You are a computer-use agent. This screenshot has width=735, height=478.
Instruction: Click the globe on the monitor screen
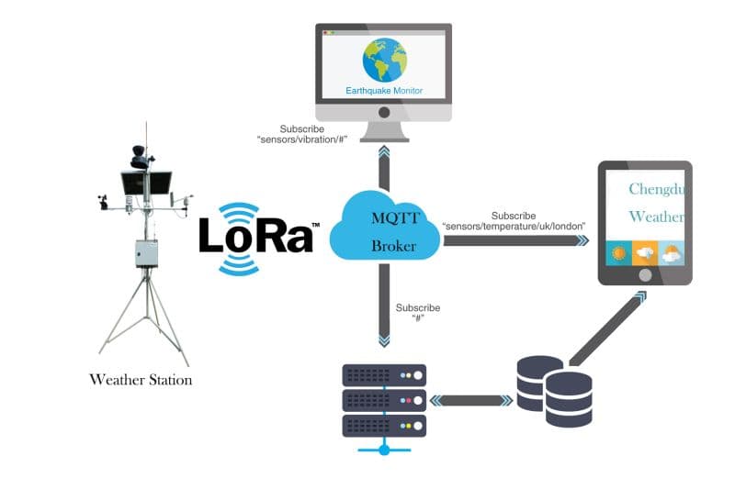[384, 61]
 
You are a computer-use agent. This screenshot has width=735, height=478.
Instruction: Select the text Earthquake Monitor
[384, 90]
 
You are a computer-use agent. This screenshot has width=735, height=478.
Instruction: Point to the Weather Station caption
[141, 379]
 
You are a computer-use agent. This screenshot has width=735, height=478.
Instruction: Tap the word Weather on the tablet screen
[656, 217]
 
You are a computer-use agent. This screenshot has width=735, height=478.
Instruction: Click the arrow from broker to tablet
[514, 240]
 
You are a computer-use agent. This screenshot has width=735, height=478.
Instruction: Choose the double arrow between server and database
[470, 400]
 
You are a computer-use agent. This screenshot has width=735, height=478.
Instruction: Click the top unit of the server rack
[384, 375]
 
